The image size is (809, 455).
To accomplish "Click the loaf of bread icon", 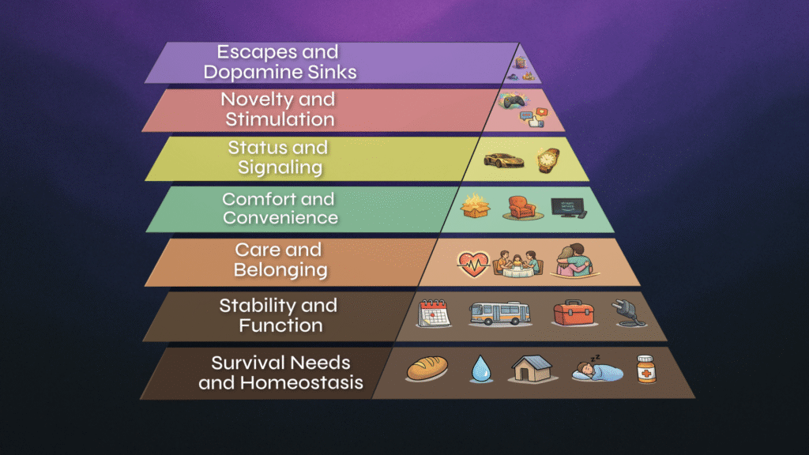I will click(x=427, y=368).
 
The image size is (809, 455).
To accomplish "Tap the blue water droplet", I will click(x=480, y=369).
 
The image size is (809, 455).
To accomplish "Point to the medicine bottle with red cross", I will click(x=646, y=368).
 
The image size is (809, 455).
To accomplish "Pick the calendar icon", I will click(x=434, y=313).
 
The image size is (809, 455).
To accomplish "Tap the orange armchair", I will click(x=521, y=208).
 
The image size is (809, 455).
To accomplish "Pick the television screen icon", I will click(x=568, y=208).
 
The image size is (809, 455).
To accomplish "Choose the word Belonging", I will click(x=280, y=269).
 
